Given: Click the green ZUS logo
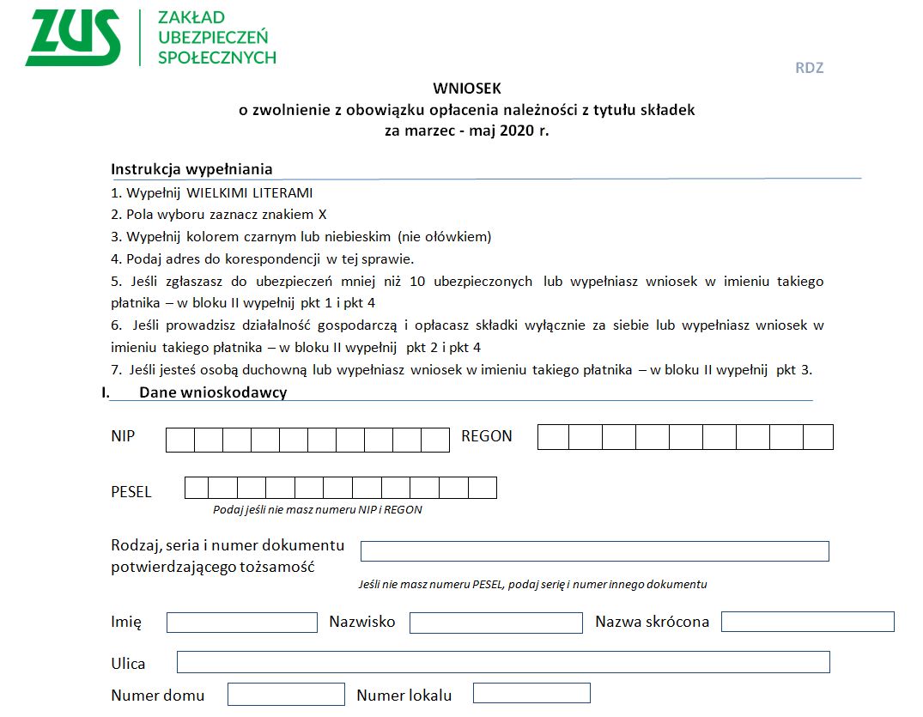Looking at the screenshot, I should click(x=72, y=38).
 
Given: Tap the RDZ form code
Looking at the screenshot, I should click(x=809, y=68).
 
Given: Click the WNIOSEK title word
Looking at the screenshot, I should click(x=466, y=88).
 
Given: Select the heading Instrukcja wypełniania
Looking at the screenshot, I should click(x=191, y=168).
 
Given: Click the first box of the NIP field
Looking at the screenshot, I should click(x=179, y=440).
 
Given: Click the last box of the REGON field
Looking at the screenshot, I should click(x=818, y=437).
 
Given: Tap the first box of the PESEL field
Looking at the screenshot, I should click(x=197, y=488).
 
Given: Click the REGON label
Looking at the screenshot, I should click(x=487, y=436).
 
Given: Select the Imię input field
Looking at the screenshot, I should click(x=242, y=622).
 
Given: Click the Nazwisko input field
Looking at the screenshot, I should click(x=495, y=623).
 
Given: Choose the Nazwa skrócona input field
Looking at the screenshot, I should click(x=807, y=622).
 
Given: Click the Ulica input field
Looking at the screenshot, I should click(x=503, y=662).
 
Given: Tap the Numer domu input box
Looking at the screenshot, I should click(x=286, y=694).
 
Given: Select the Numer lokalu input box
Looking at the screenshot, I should click(x=531, y=693).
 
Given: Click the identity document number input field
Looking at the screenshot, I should click(x=594, y=551).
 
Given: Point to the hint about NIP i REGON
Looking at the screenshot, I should click(x=318, y=509).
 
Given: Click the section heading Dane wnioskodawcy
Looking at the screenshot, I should click(x=212, y=392).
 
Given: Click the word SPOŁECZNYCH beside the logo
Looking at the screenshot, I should click(x=217, y=58).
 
